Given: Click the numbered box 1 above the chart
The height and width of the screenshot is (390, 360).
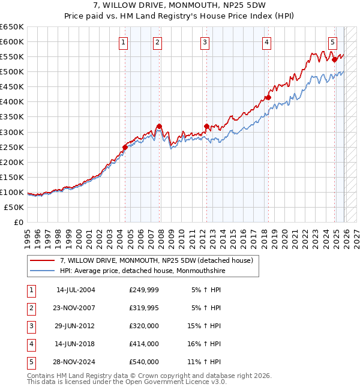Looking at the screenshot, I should point(123,42).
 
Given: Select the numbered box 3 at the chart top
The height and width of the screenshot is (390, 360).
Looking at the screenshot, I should point(205,42).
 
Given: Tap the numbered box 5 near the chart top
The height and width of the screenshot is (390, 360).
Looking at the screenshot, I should point(332,42).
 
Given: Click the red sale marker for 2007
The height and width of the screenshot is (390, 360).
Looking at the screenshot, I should point(159,126).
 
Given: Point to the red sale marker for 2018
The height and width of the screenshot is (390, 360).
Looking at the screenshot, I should point(268,97).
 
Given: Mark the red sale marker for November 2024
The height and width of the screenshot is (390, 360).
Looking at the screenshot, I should point(335,59).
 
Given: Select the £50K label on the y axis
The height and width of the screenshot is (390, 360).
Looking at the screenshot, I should point(14,207).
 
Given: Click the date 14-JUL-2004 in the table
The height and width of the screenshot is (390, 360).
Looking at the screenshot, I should point(76,290).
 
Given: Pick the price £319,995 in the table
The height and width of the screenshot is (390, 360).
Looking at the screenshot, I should point(144,308).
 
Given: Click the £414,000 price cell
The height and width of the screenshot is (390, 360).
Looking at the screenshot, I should point(144,344).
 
